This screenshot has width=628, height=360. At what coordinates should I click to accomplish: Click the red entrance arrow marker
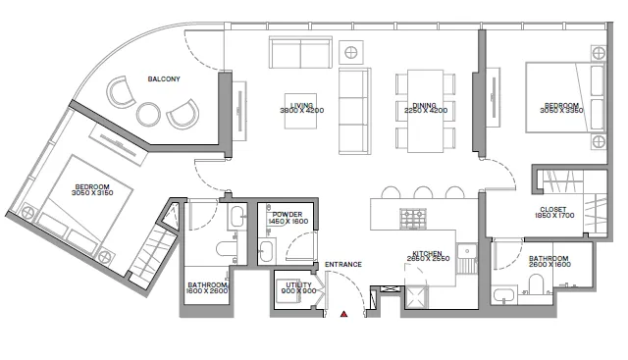click(344, 315)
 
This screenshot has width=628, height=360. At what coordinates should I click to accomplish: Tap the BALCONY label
click(164, 78)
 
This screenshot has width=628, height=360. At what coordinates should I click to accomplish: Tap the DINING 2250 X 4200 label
click(425, 108)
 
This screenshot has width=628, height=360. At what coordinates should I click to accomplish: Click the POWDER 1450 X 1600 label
click(288, 218)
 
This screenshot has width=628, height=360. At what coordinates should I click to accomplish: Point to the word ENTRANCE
click(344, 264)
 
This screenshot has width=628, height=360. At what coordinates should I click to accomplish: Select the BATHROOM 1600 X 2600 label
click(207, 288)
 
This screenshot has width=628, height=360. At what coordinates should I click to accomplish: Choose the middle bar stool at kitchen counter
click(423, 192)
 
